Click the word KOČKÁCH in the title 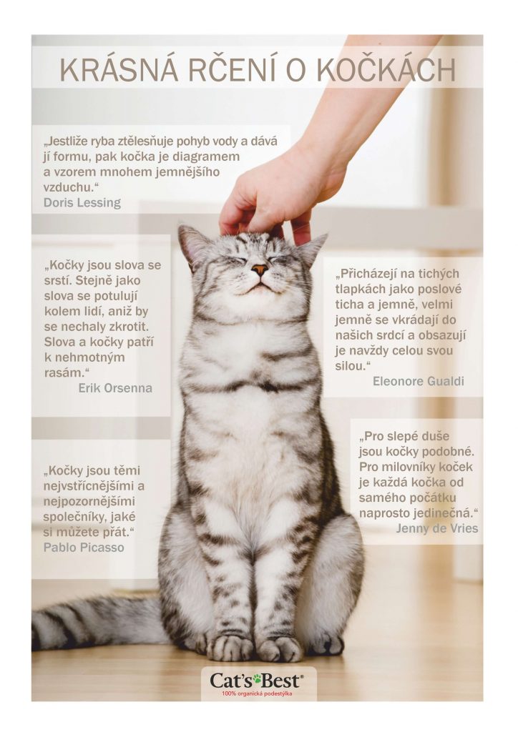(x=386, y=71)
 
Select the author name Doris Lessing (x=82, y=202)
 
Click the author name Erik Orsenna (x=115, y=388)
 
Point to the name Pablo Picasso (x=84, y=547)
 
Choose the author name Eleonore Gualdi (x=418, y=382)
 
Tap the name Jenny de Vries (x=436, y=528)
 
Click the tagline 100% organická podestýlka (x=258, y=694)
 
